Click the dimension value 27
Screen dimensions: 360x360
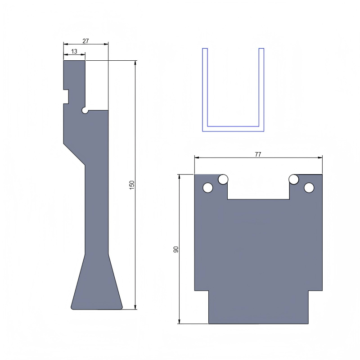[x=85, y=41]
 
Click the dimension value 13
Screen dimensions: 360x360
[x=74, y=52]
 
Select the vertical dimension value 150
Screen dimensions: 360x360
[x=132, y=184]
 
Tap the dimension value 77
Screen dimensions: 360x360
[x=258, y=154]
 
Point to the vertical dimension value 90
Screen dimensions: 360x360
[x=176, y=249]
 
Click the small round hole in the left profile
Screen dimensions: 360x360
[x=85, y=110]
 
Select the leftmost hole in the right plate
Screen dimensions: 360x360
[x=207, y=188]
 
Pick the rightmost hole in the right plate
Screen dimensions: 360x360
[x=309, y=188]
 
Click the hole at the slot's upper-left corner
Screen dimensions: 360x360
[x=223, y=180]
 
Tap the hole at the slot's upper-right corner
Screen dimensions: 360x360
[x=294, y=180]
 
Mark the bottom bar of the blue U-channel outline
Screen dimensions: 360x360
[x=233, y=129]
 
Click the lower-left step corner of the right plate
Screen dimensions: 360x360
[x=208, y=291]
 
